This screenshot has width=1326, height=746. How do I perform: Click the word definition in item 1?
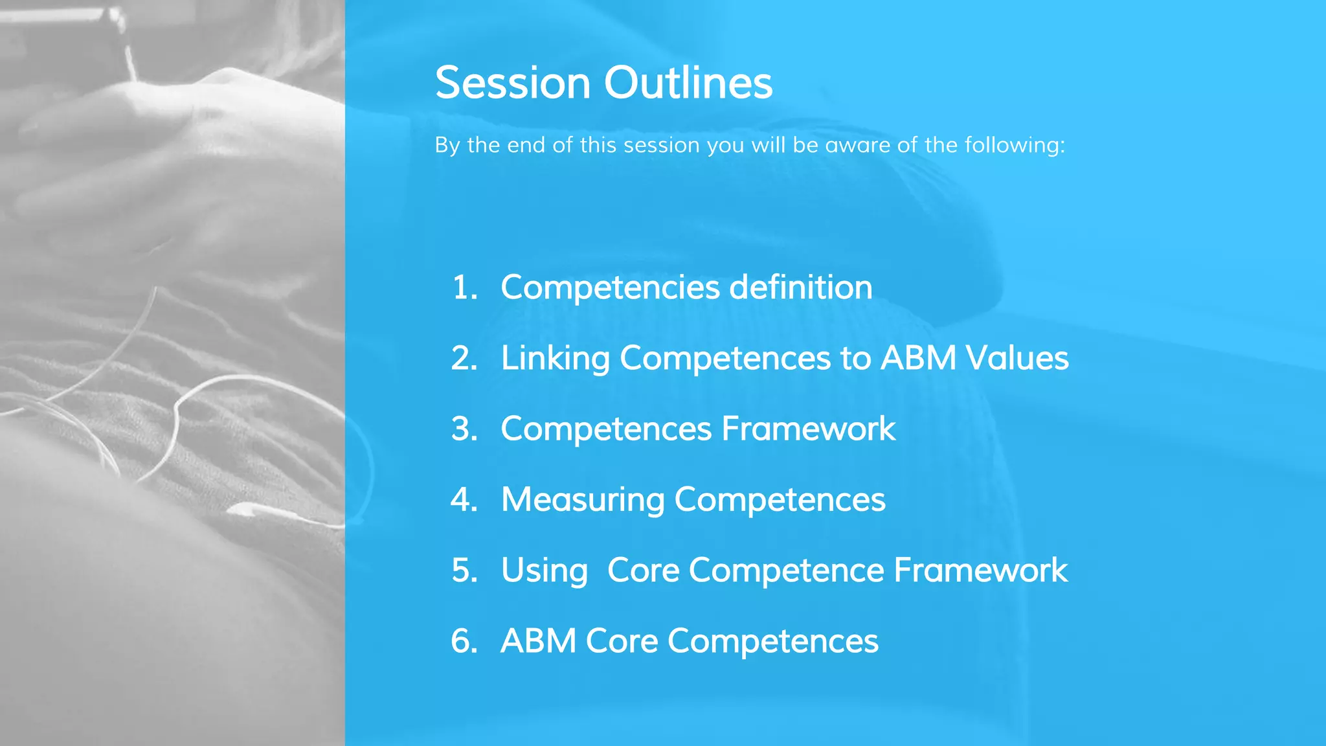pos(801,287)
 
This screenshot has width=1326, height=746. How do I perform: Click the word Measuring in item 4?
pos(583,500)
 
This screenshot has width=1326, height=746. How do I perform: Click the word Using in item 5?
pos(545,571)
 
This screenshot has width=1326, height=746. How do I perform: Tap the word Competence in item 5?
pos(786,571)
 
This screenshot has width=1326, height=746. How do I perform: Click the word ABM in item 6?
pos(539,641)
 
